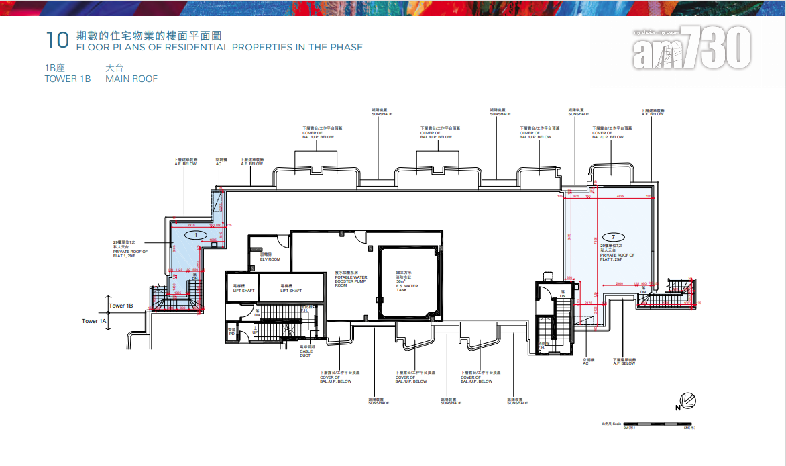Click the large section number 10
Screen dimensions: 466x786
[57, 40]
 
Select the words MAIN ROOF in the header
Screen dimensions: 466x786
[131, 79]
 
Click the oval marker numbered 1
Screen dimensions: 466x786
[195, 235]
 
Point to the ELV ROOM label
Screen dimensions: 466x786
[269, 257]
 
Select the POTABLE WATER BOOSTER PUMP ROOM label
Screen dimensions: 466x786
[351, 279]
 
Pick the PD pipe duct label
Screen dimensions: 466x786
[231, 330]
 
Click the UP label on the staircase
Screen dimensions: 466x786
[255, 332]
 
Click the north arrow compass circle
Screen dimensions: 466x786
[688, 402]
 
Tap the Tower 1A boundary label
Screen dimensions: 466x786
[94, 321]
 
